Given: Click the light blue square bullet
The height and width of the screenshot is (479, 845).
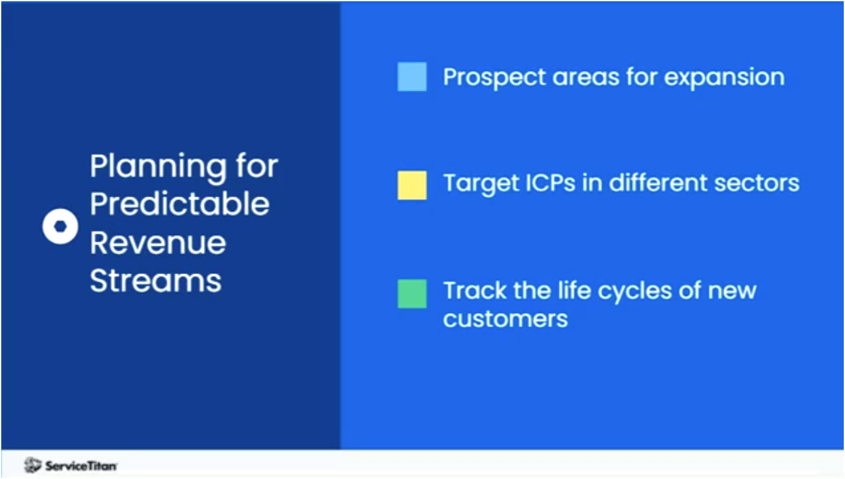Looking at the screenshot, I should [412, 77].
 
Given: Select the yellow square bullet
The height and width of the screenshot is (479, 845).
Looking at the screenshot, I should [412, 185].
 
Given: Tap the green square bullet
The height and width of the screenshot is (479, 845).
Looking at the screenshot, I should [412, 293].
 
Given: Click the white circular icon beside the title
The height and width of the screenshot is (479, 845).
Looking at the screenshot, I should [60, 227].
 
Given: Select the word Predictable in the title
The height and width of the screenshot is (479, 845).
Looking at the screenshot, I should [180, 204].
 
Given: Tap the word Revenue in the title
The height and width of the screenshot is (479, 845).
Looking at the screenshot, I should [158, 242].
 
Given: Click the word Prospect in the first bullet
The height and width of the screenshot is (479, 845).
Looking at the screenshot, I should [493, 78].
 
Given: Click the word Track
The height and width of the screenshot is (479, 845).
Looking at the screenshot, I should [471, 290].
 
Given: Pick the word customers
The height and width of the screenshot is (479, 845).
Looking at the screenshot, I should [506, 319].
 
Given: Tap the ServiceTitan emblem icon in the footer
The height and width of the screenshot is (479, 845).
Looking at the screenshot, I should [33, 465].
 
